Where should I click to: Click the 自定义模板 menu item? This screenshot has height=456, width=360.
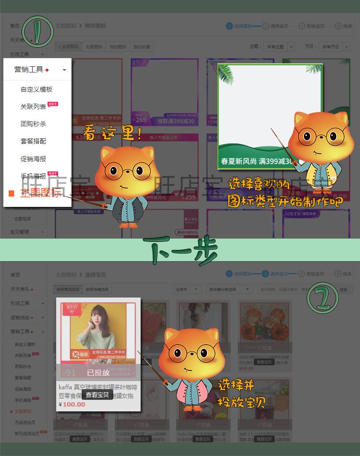(x=36, y=89)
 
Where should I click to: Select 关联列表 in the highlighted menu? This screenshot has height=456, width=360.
(x=34, y=107)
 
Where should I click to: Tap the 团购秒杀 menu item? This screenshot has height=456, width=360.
(x=34, y=124)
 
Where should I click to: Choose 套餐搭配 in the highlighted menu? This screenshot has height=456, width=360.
(x=34, y=141)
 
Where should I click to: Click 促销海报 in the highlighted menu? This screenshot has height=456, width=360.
(x=34, y=158)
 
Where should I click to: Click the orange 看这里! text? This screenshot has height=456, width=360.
(x=112, y=132)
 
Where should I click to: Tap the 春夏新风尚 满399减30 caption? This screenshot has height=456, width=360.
(x=257, y=161)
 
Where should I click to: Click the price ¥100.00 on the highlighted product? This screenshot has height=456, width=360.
(x=72, y=404)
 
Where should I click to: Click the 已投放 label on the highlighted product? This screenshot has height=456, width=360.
(x=98, y=372)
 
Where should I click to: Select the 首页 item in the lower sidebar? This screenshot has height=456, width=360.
(x=15, y=275)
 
